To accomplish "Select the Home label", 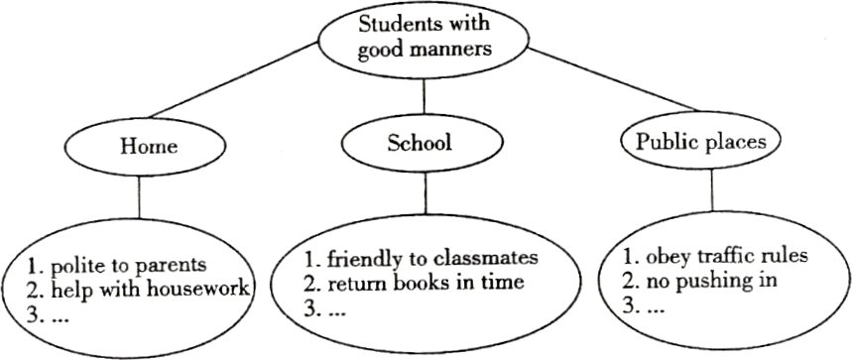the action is point(149,147).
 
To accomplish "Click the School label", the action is point(419,142).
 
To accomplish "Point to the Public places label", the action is point(701,142).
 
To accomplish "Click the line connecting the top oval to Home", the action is point(232,79).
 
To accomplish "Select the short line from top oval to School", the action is point(424,98).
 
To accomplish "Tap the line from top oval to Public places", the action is point(611,79).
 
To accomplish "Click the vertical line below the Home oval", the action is point(140,197).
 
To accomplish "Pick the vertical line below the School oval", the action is point(426,192).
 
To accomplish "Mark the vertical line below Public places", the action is point(712,189).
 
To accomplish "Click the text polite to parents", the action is point(129,266).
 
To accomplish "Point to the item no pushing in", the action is point(712,281).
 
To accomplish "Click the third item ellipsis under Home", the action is point(60,318).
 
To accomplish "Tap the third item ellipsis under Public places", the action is point(656,309).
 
